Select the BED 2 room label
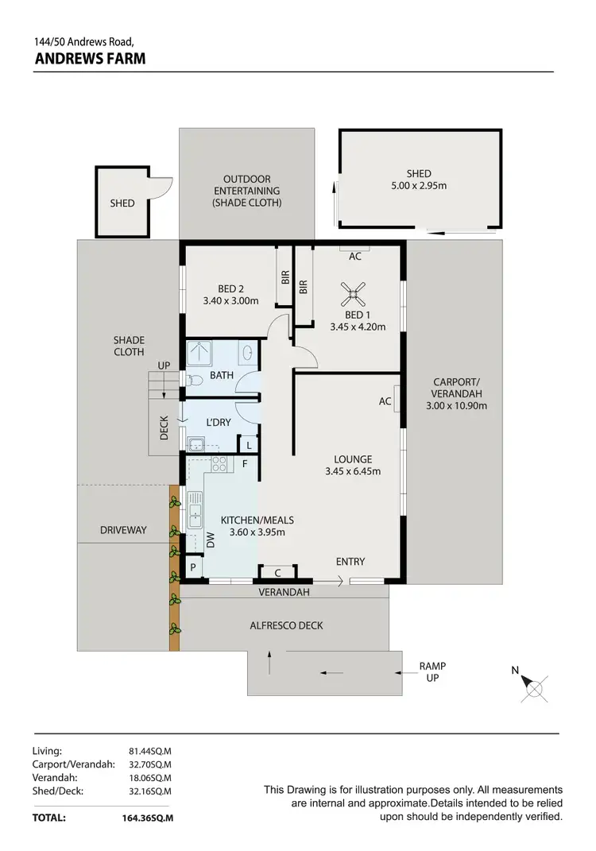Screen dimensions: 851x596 pyautogui.click(x=230, y=295)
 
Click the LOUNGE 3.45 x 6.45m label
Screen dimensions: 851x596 pyautogui.click(x=353, y=465)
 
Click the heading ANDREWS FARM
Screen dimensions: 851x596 pyautogui.click(x=90, y=58)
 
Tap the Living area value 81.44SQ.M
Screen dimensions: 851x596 pyautogui.click(x=150, y=750)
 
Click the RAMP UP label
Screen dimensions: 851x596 pyautogui.click(x=433, y=672)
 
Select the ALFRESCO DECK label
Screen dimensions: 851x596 pyautogui.click(x=286, y=625)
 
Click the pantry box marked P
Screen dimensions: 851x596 pyautogui.click(x=192, y=567)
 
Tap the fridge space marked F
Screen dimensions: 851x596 pyautogui.click(x=245, y=462)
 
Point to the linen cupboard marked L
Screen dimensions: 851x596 pyautogui.click(x=249, y=446)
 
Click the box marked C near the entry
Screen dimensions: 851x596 pyautogui.click(x=277, y=572)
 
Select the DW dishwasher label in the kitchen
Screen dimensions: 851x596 pyautogui.click(x=211, y=541)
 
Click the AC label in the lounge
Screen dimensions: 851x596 pyautogui.click(x=385, y=401)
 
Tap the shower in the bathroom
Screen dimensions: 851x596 pyautogui.click(x=199, y=352)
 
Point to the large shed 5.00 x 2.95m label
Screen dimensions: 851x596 pyautogui.click(x=419, y=180)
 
